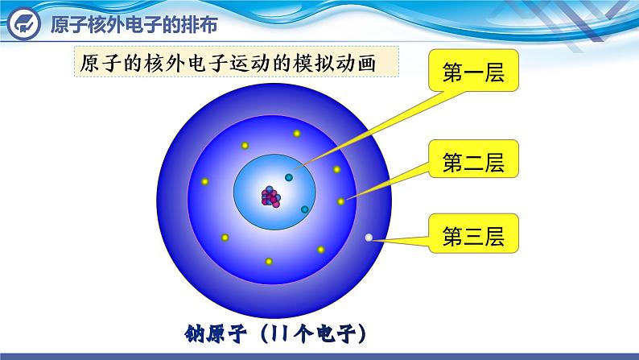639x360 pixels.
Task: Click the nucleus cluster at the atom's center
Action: pos(271,197)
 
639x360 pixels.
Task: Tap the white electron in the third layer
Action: pos(369,238)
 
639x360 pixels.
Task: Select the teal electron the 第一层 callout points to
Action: pos(289,177)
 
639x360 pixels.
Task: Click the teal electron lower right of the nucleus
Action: pos(304,209)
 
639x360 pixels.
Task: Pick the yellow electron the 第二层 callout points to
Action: pos(340,201)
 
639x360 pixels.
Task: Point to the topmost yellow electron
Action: pos(297,134)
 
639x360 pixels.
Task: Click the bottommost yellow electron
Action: pos(269,261)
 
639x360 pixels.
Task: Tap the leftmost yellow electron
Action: pos(204,181)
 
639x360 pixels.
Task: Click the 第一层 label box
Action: pos(473,70)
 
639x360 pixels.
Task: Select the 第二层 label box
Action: pos(473,159)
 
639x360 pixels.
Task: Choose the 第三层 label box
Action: pos(473,234)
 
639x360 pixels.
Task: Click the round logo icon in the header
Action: pos(24,23)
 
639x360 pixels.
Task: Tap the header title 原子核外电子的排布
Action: pos(134,24)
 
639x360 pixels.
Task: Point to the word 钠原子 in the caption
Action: pos(215,334)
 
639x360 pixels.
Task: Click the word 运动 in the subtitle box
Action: pos(249,63)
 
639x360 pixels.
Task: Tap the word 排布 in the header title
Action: pos(200,24)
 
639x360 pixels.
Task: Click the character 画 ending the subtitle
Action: pos(366,63)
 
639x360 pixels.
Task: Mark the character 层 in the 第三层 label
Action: pos(494,237)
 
